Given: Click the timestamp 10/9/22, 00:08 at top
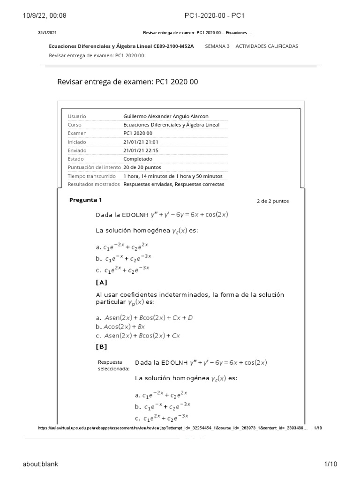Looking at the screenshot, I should pyautogui.click(x=45, y=15).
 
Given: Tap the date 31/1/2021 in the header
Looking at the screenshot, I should pyautogui.click(x=47, y=33).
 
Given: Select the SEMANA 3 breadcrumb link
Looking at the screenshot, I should pyautogui.click(x=217, y=46).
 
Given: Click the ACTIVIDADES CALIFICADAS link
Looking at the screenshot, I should pyautogui.click(x=266, y=46).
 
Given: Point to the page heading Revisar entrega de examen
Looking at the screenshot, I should pyautogui.click(x=127, y=82).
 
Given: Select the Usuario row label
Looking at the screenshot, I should pyautogui.click(x=77, y=116).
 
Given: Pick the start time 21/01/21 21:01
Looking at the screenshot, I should pyautogui.click(x=141, y=142).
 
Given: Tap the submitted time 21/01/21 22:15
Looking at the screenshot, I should pyautogui.click(x=141, y=150).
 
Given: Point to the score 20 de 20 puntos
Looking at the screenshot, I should pyautogui.click(x=142, y=167).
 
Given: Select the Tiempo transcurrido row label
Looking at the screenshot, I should pyautogui.click(x=91, y=176).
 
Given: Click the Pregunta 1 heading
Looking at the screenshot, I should pyautogui.click(x=85, y=200).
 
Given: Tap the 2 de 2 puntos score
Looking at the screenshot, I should pyautogui.click(x=272, y=201).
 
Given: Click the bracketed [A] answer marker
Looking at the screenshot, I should pyautogui.click(x=101, y=282).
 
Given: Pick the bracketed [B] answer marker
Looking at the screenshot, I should pyautogui.click(x=101, y=347).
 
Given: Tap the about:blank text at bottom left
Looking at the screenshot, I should pyautogui.click(x=40, y=464).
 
